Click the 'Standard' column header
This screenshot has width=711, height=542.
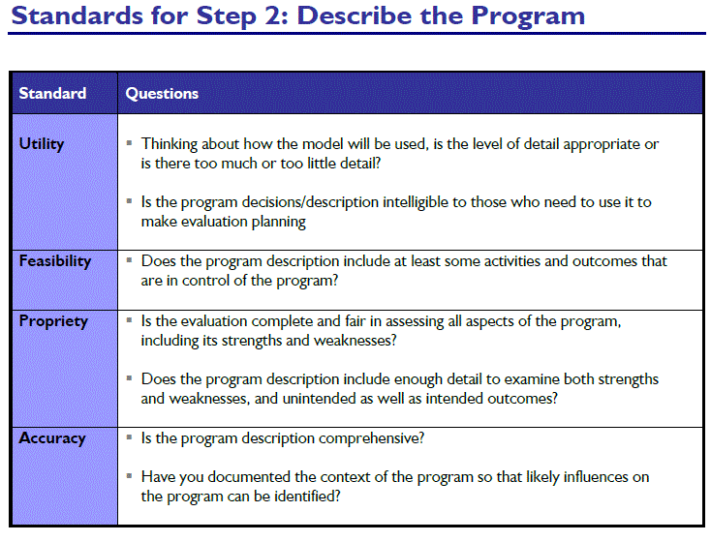pos(52,94)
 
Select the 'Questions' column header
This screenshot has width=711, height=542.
pos(162,94)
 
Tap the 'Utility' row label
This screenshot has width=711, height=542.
pos(42,144)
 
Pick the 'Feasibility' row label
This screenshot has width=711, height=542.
pos(55,261)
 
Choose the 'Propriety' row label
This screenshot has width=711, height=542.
pos(53,321)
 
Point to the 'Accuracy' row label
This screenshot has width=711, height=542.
pos(52,438)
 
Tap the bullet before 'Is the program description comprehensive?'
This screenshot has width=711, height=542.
pos(130,438)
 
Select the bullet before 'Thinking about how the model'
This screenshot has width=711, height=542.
pos(130,144)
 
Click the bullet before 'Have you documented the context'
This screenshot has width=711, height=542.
pos(130,476)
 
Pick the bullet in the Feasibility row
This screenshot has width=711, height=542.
pos(130,261)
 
